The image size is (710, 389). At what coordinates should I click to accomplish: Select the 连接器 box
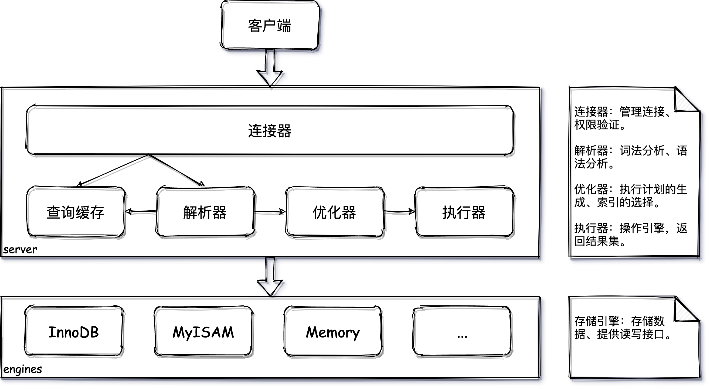[270, 130]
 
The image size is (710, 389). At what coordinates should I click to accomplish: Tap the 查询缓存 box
[75, 212]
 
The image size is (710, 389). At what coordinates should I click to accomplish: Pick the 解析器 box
[205, 212]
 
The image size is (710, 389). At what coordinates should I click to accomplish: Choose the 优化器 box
[334, 212]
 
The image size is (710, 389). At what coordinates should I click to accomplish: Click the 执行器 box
[464, 212]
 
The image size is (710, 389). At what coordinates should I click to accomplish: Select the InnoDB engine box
[74, 332]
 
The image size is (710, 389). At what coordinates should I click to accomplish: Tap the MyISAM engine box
[203, 332]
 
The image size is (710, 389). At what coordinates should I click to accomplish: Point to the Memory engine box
[333, 332]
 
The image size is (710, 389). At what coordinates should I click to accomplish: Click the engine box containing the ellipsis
[462, 332]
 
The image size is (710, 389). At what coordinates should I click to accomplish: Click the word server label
[20, 250]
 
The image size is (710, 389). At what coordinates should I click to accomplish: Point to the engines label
[23, 369]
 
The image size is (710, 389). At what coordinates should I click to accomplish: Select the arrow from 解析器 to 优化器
[270, 211]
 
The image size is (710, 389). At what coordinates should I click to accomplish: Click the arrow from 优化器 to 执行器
[399, 211]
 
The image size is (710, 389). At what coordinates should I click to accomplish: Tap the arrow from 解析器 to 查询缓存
[141, 211]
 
